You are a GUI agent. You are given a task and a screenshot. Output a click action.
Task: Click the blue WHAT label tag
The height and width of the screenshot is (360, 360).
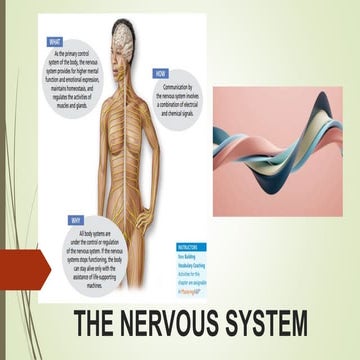point(55,42)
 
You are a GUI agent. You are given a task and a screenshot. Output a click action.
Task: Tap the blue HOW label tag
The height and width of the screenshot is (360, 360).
point(161,74)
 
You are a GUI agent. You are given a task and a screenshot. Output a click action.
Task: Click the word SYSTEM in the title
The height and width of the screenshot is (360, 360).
point(284,300)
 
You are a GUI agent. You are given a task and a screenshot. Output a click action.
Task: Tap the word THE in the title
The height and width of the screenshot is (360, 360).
point(103,300)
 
